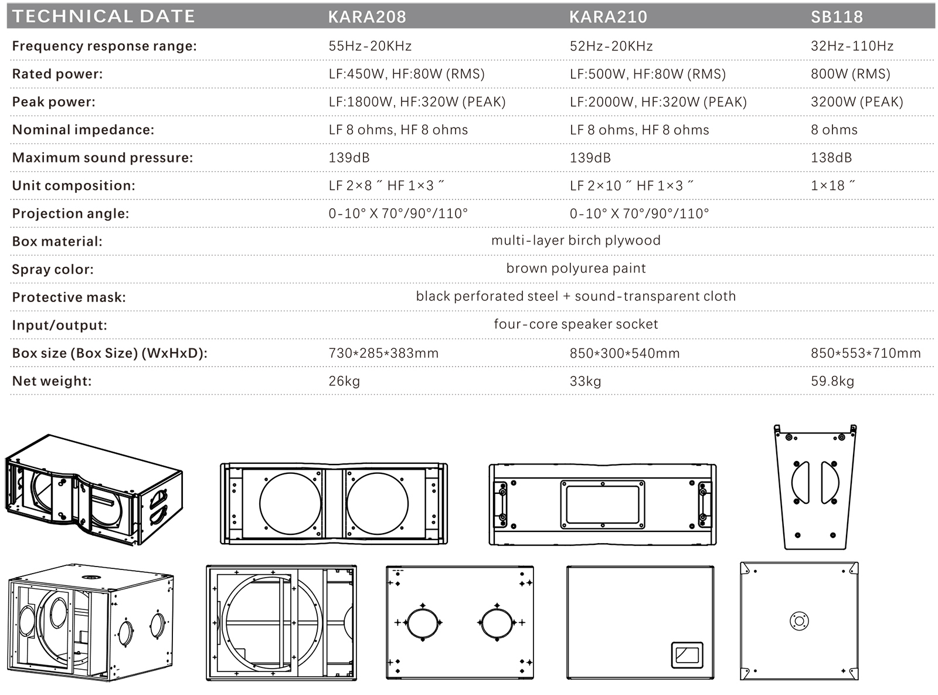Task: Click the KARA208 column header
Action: pos(367,16)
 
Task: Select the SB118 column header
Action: pos(837,16)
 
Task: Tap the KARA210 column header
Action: pos(608,16)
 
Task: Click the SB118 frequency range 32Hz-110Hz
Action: pos(852,46)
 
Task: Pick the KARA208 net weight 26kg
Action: pos(344,381)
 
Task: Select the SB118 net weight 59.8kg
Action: pos(832,381)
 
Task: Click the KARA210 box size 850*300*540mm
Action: pos(624,354)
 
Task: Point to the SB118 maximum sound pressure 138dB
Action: pos(831,158)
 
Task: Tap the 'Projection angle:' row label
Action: pos(70,213)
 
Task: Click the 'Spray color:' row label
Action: pos(53,270)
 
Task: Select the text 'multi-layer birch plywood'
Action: pos(576,240)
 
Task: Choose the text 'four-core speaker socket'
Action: pos(576,324)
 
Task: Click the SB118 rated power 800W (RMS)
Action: pos(850,74)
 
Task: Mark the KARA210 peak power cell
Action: pos(658,102)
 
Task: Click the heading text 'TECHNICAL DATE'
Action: pos(103,16)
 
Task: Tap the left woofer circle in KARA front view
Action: pos(290,504)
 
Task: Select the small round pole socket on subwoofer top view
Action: pos(799,621)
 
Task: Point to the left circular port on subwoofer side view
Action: pos(422,622)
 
